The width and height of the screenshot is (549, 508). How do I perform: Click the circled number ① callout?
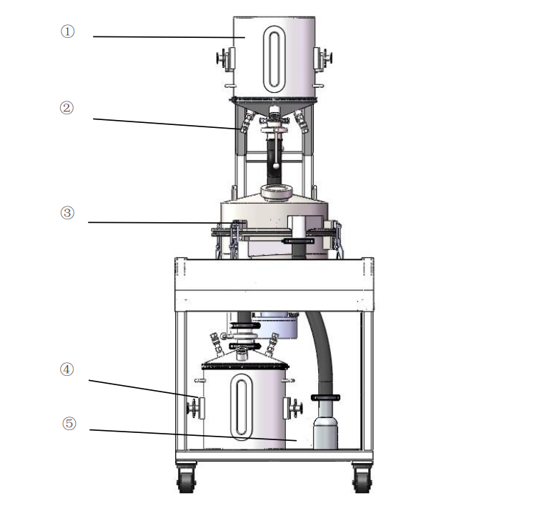(x=68, y=31)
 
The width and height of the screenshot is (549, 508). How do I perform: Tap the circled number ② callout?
(x=66, y=108)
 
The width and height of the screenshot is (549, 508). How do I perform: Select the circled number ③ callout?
(x=67, y=213)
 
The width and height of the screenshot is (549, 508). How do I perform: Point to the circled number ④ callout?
(x=66, y=369)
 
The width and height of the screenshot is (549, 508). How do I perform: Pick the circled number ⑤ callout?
(x=69, y=423)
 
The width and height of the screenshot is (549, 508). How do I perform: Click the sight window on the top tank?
(x=274, y=60)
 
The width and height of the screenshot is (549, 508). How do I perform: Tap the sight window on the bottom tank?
(x=241, y=407)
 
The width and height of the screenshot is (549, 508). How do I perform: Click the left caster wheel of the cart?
(x=186, y=477)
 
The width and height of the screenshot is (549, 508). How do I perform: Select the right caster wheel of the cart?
(x=362, y=477)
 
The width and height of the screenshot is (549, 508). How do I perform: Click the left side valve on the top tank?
(x=226, y=59)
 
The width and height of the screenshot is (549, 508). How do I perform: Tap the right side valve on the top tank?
(x=322, y=58)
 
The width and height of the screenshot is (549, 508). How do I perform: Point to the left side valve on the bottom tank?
(x=196, y=408)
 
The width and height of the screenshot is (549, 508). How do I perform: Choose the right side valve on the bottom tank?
(x=292, y=407)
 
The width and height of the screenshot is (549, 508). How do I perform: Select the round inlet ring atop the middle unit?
(x=277, y=192)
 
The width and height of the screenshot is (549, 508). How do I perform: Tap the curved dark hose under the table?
(x=322, y=350)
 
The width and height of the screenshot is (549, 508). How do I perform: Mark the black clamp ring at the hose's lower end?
(x=325, y=397)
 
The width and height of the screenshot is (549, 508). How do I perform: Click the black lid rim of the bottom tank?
(x=245, y=366)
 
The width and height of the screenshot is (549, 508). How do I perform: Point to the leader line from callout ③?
(x=167, y=222)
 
